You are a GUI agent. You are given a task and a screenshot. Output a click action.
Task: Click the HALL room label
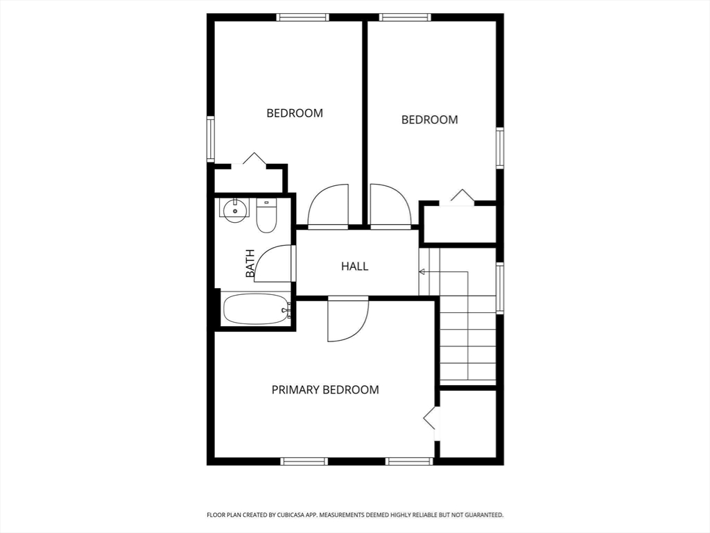[354, 266]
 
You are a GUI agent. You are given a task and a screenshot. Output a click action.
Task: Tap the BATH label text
[250, 264]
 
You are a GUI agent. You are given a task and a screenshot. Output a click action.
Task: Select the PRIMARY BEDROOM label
[325, 390]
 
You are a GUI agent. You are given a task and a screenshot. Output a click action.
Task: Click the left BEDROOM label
[295, 113]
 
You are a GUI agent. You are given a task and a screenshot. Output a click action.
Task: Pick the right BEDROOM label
[430, 119]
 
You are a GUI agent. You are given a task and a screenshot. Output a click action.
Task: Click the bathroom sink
[236, 209]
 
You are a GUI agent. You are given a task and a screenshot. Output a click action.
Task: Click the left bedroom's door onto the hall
[328, 206]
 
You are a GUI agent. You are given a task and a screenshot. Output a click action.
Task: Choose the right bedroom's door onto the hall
[390, 206]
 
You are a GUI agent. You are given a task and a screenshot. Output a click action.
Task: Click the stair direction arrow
[422, 271]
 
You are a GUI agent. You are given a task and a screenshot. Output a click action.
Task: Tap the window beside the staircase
[500, 287]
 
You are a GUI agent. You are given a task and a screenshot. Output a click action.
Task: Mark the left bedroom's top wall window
[302, 17]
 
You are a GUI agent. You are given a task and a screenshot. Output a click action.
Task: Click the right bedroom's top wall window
[405, 17]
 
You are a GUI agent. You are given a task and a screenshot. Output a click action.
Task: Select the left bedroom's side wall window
[210, 139]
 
